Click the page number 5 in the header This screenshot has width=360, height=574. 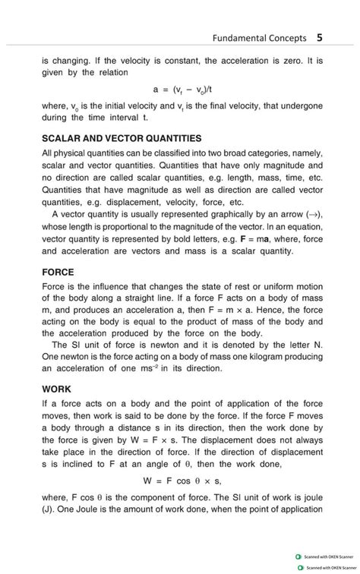pos(320,36)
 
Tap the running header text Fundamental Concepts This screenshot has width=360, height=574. pos(260,37)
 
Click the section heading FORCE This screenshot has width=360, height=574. pos(58,270)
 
